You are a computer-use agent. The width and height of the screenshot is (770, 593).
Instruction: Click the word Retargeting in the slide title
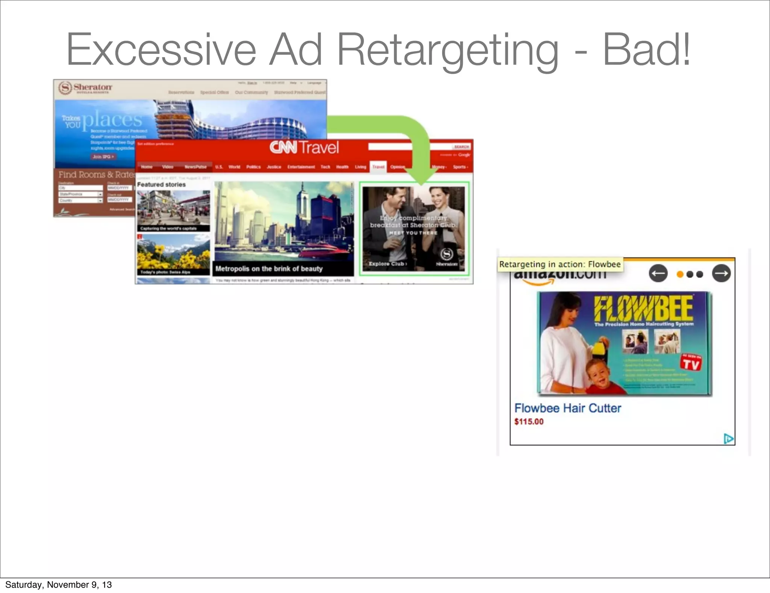click(447, 51)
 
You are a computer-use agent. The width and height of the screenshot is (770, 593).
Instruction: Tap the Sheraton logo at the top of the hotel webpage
click(85, 88)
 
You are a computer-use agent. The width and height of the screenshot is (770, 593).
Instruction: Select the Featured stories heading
click(161, 185)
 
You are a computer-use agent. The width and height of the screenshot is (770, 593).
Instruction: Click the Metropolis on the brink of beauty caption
click(269, 269)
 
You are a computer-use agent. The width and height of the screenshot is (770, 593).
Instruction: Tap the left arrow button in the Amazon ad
click(658, 274)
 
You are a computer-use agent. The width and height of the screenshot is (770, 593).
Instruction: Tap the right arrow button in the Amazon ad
click(721, 274)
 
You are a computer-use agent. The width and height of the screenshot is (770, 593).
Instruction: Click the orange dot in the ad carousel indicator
click(680, 274)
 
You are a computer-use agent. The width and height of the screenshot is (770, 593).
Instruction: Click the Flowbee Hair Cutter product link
click(567, 408)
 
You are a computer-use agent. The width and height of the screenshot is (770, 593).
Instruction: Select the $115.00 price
click(529, 422)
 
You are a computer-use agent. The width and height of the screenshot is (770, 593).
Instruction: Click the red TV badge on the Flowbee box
click(691, 363)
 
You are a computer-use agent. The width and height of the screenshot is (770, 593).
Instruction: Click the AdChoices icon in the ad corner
click(728, 439)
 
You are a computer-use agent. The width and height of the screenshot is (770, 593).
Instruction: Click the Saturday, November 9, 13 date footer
click(59, 585)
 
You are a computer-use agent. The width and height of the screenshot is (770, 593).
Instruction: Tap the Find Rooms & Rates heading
click(96, 175)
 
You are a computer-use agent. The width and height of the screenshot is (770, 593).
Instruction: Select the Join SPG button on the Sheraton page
click(103, 157)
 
